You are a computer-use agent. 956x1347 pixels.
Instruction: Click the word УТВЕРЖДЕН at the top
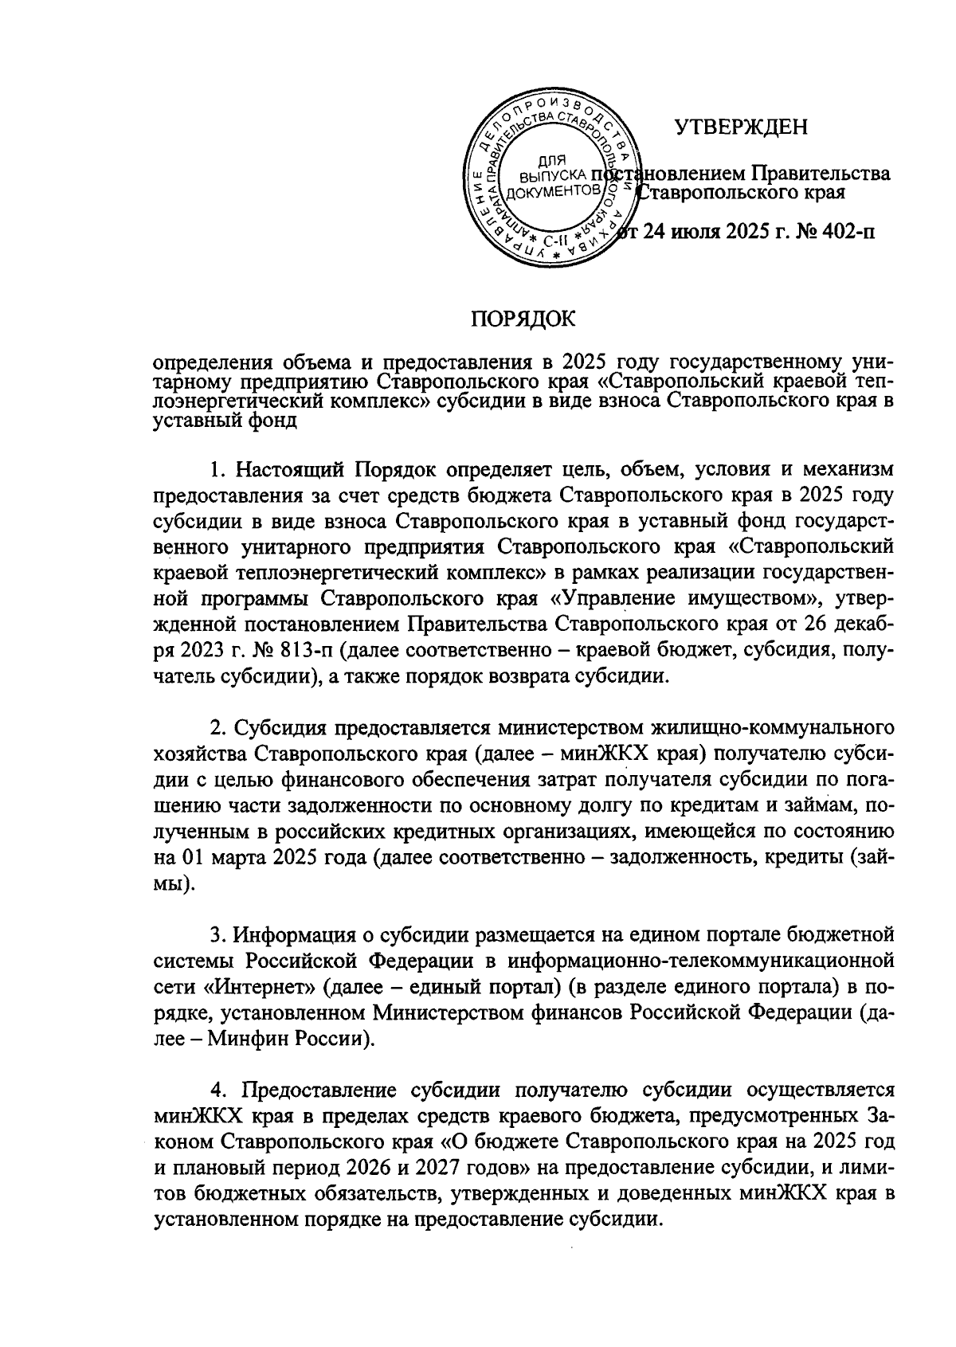[x=741, y=127]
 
